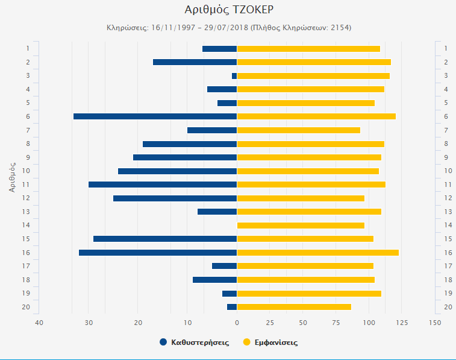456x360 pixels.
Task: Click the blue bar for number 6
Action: click(155, 116)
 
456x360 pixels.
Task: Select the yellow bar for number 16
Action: click(317, 253)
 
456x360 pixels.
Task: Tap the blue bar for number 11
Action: click(163, 185)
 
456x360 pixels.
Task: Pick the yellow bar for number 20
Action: click(294, 307)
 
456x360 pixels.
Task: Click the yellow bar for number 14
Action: click(301, 226)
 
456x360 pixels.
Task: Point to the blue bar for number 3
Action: click(234, 76)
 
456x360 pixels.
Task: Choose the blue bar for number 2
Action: click(195, 62)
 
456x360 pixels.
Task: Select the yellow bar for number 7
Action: click(298, 130)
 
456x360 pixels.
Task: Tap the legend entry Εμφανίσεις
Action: click(276, 343)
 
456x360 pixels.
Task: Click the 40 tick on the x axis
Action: click(39, 323)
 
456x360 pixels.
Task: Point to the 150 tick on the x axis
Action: click(434, 323)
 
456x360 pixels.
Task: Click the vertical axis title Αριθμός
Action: click(12, 174)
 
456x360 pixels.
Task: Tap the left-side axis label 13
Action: click(27, 212)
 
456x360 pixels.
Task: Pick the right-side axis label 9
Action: click(446, 157)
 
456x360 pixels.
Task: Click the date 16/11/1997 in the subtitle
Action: click(173, 28)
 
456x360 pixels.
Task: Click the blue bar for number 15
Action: click(165, 239)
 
